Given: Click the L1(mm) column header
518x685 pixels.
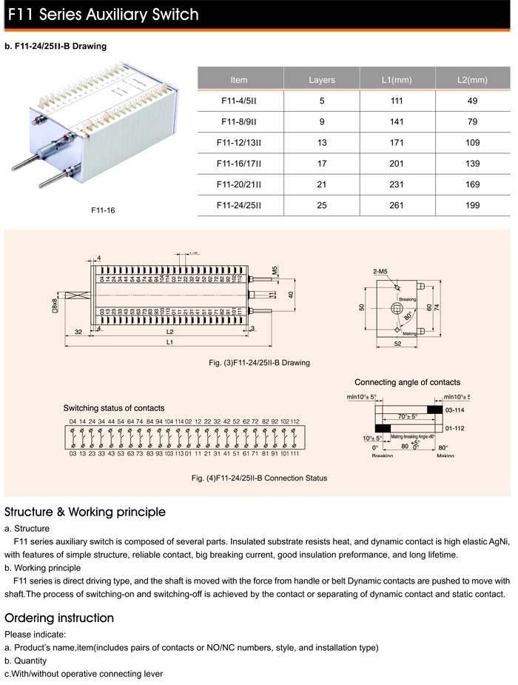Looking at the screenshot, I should (x=397, y=80).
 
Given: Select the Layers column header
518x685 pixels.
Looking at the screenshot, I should (x=321, y=80).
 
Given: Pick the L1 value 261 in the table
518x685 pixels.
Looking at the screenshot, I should (x=397, y=205).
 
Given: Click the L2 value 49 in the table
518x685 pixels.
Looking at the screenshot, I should (x=472, y=101).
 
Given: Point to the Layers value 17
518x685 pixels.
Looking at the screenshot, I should (x=321, y=164).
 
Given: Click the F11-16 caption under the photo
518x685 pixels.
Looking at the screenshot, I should (x=103, y=210).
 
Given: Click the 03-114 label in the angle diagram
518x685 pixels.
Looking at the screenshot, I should (x=455, y=410).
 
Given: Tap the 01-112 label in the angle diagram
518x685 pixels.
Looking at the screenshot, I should (x=455, y=428).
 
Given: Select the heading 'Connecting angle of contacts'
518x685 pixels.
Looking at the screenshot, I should (x=407, y=383).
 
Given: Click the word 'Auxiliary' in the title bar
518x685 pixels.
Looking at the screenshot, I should (x=118, y=14).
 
